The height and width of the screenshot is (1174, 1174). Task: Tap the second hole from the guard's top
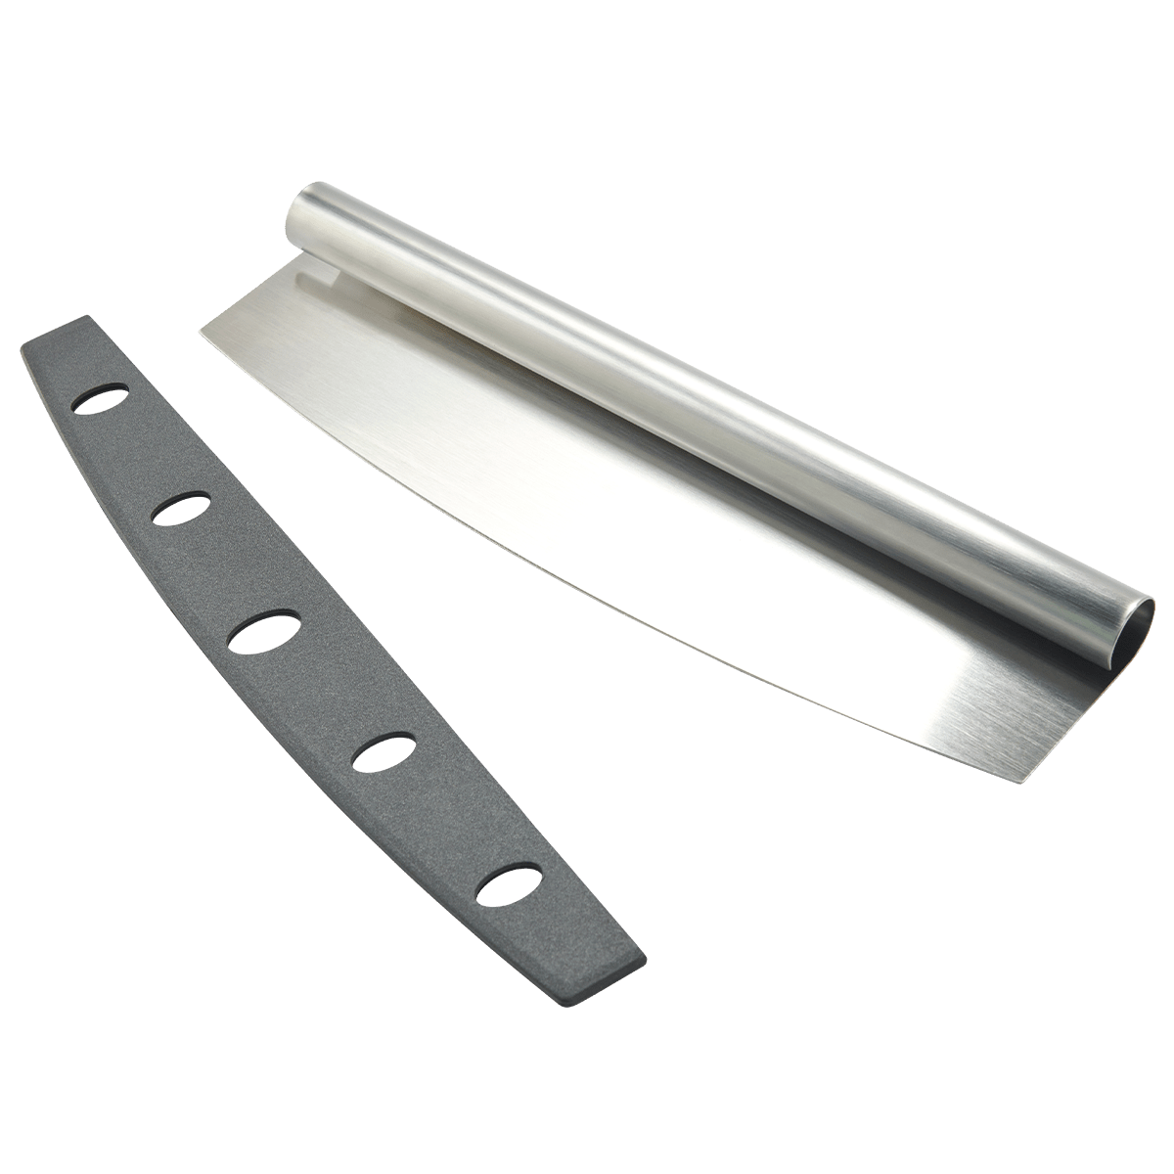[x=182, y=509]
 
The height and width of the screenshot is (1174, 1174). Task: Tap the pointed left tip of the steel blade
[x=201, y=329]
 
